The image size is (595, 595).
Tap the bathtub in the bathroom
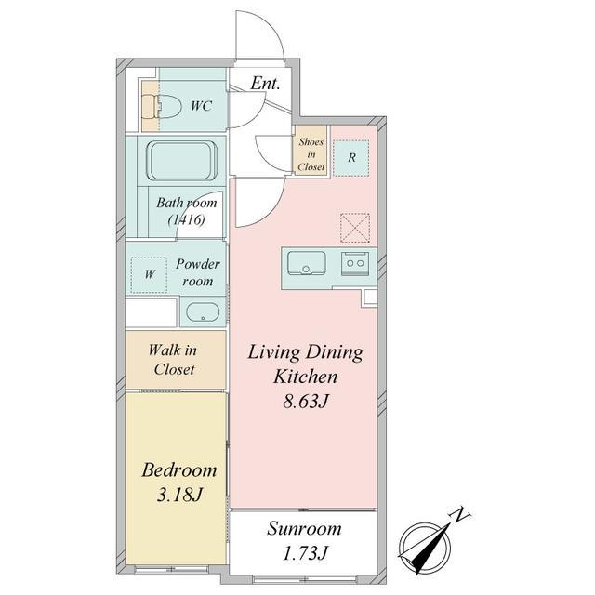click(182, 161)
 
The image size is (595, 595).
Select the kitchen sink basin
click(307, 262)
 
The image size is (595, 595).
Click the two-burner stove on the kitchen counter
click(355, 262)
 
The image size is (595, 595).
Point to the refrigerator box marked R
click(351, 158)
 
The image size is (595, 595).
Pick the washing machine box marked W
click(149, 275)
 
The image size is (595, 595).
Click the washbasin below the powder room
click(203, 311)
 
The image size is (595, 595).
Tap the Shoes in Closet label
click(311, 154)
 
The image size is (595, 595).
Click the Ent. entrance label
click(265, 84)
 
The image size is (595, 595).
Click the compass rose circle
click(426, 547)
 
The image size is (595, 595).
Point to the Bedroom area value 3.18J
click(179, 495)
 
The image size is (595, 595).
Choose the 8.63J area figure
click(305, 401)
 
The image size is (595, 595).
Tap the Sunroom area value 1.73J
click(304, 553)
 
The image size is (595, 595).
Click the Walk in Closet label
click(174, 360)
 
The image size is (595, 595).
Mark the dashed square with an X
click(355, 228)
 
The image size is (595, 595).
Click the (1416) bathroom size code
click(186, 219)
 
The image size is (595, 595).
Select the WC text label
click(201, 106)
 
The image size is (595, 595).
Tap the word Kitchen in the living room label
click(306, 377)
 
